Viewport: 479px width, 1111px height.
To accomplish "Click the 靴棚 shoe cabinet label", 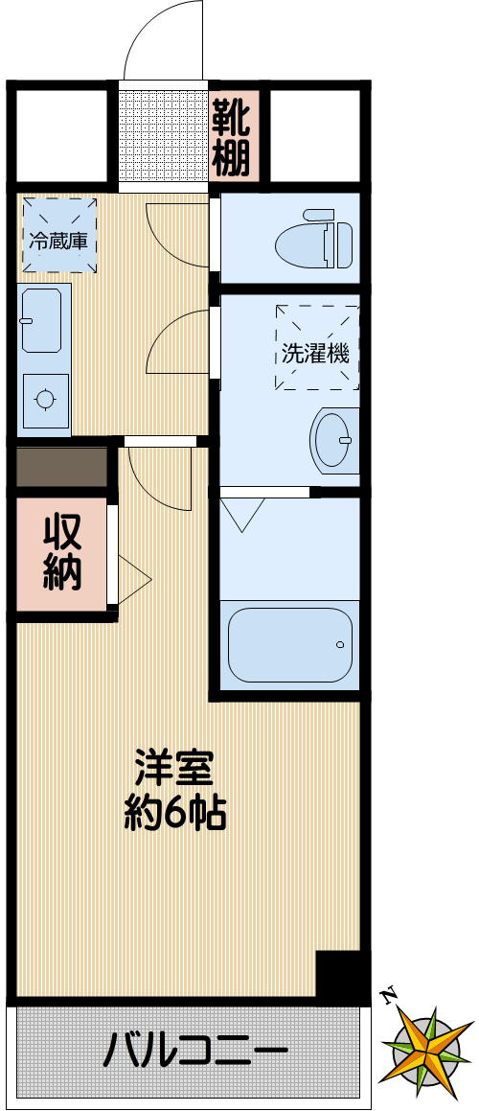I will (231, 137).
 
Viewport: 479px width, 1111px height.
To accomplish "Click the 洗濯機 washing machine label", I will (315, 353).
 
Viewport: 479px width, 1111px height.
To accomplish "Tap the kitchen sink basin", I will (41, 319).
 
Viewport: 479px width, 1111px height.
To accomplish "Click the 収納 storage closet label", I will (62, 552).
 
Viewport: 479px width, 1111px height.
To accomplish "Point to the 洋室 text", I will (173, 768).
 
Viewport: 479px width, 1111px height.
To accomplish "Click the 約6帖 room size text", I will (175, 814).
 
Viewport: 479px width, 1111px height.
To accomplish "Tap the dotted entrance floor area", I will (163, 137).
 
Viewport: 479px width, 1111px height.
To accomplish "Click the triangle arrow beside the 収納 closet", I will (133, 578).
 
